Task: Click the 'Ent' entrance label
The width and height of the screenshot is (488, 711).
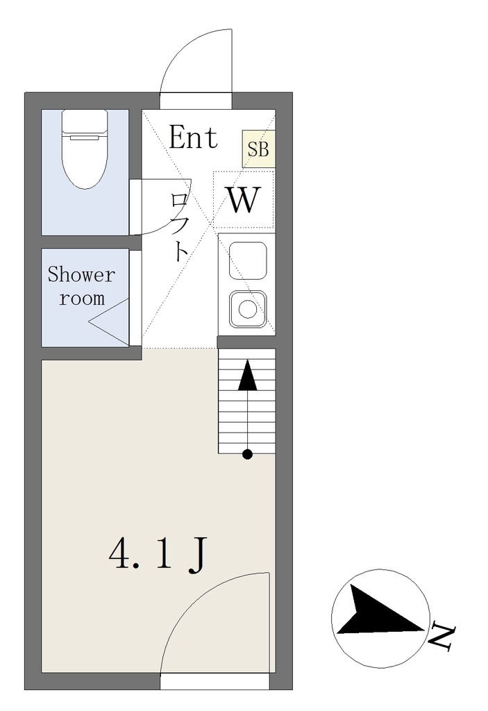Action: click(x=194, y=137)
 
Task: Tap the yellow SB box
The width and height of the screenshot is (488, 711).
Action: click(x=258, y=149)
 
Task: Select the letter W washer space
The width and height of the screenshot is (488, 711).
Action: click(x=244, y=199)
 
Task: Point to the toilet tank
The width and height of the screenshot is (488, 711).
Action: click(x=85, y=122)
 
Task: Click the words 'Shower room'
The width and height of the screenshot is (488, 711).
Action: click(x=82, y=286)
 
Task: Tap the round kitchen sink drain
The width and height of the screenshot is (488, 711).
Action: click(x=248, y=310)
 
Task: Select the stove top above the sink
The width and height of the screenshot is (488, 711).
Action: click(x=248, y=261)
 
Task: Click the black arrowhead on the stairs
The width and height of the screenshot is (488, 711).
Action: click(x=248, y=375)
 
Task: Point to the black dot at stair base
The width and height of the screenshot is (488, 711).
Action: click(x=248, y=454)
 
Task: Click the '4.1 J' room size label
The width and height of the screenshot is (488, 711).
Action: click(x=158, y=554)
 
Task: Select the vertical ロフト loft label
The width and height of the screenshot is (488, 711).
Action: click(x=180, y=228)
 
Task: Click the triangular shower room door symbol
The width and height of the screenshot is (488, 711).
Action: click(x=109, y=321)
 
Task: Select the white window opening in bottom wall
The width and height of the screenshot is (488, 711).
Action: click(x=215, y=682)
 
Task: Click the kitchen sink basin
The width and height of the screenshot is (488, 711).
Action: click(x=248, y=309)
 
